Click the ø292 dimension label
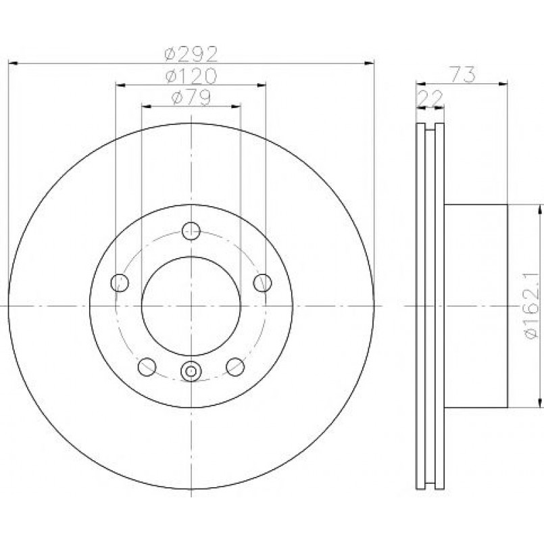coord(191,53)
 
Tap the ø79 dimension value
coord(191,97)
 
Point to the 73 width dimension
coord(463,74)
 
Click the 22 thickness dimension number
coord(430,98)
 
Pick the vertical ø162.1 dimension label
coord(532,306)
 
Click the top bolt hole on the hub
coord(191,231)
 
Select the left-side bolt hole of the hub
coord(120,282)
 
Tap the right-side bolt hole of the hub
coord(263,282)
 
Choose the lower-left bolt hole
coord(147,367)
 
